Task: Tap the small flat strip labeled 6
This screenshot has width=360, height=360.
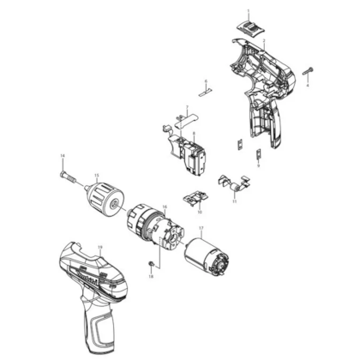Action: coord(205,87)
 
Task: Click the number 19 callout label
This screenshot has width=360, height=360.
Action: coord(100,247)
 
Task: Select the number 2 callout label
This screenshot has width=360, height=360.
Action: coord(263,41)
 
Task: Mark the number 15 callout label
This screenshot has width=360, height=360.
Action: coord(97,177)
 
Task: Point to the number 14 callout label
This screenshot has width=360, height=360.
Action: coord(63,154)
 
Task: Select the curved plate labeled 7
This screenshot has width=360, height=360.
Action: coord(187,122)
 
